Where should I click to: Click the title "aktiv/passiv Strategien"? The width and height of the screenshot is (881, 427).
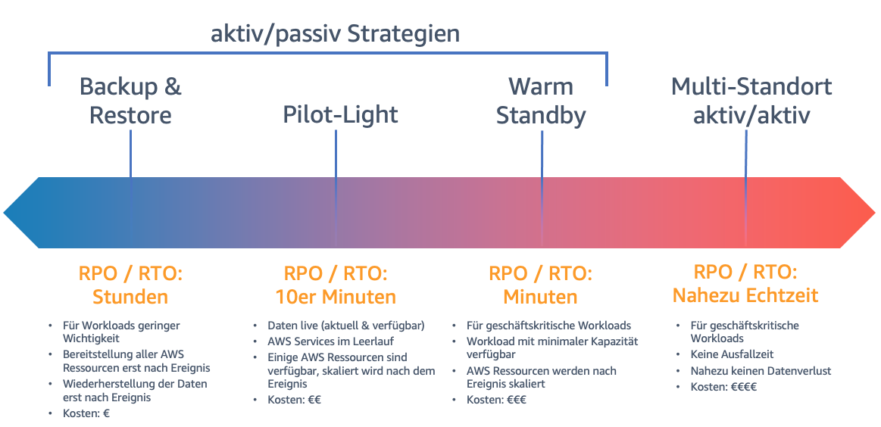pos(336,33)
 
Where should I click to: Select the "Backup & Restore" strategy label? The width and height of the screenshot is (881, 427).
pos(130,100)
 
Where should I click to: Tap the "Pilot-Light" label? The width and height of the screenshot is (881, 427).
pos(340,114)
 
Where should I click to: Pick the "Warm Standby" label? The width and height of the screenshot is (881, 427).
pos(541,100)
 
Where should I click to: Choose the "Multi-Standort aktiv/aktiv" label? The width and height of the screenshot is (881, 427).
pos(751,100)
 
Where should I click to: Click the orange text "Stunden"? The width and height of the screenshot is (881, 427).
pos(130,296)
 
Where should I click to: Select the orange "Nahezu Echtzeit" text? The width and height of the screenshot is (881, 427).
pos(745,295)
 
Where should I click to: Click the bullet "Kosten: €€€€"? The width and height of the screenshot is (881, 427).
pos(723,387)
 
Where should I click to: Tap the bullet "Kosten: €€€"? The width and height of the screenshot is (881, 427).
pos(496,400)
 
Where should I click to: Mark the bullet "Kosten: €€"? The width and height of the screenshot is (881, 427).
pos(294,400)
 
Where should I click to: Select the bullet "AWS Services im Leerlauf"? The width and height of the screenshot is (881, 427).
pos(330,341)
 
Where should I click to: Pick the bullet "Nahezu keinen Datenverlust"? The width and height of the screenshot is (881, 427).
pos(750,371)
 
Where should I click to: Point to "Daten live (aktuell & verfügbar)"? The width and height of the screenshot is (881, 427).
pos(345,326)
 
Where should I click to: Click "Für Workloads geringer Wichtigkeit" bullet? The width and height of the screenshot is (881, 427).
pos(121,332)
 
